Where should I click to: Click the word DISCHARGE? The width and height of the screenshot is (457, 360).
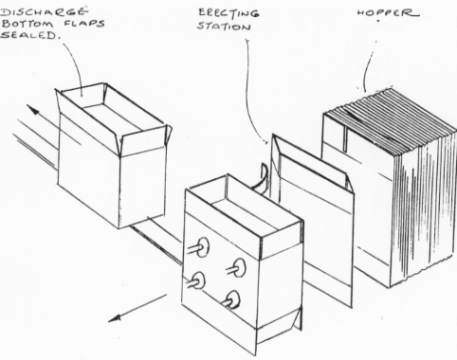click(45, 12)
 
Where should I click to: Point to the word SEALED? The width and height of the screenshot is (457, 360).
click(30, 35)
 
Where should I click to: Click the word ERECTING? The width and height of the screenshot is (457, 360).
click(228, 12)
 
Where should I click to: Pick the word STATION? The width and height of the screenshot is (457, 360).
click(224, 26)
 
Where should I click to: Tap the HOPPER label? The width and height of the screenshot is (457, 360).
click(389, 12)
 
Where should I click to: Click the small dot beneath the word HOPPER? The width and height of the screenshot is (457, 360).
click(378, 21)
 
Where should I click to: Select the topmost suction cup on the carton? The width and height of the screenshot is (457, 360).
click(203, 246)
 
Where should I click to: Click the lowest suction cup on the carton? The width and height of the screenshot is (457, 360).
click(234, 298)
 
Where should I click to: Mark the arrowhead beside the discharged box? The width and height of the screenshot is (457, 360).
click(33, 110)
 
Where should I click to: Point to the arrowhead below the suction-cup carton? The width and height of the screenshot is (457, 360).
click(115, 317)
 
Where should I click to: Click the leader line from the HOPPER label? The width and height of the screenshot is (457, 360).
click(366, 68)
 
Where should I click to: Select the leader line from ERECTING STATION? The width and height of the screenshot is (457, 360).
click(249, 95)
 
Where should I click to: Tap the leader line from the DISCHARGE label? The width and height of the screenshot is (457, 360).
click(76, 64)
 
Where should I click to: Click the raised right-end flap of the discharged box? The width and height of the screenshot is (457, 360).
click(145, 140)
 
